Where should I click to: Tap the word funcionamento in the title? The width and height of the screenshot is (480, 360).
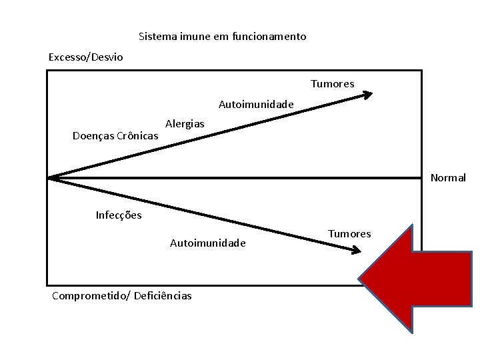(x=272, y=36)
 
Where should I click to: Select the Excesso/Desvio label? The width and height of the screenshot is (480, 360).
(x=85, y=57)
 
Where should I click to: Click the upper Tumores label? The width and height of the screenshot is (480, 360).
(x=332, y=83)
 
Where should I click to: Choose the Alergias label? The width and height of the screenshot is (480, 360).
(x=185, y=124)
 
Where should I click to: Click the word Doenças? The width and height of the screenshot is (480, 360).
(x=93, y=136)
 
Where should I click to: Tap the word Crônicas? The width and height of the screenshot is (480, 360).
(x=138, y=136)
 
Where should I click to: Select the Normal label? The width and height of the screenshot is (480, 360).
(x=448, y=178)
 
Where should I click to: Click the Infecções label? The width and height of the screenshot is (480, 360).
(x=119, y=215)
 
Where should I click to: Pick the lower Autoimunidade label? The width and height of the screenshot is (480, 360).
(x=208, y=243)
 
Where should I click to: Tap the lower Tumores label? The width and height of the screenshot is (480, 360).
(x=349, y=233)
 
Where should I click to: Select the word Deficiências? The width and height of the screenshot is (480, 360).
(x=163, y=295)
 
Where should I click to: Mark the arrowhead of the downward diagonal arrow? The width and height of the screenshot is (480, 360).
(x=356, y=251)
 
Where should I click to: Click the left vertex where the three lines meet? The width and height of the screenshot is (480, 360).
(x=49, y=177)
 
